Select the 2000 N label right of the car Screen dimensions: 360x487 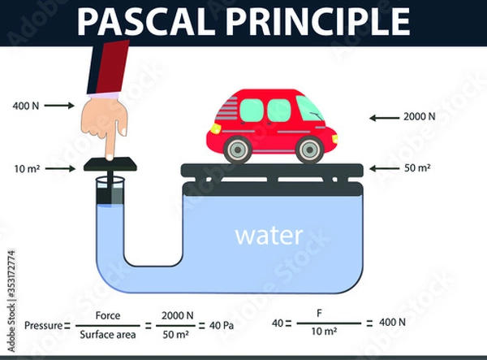click(x=419, y=117)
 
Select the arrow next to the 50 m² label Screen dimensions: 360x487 click(x=381, y=168)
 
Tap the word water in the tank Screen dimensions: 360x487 click(x=269, y=236)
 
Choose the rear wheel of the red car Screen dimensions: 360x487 click(x=237, y=150)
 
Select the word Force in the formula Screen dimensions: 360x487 click(x=108, y=316)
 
